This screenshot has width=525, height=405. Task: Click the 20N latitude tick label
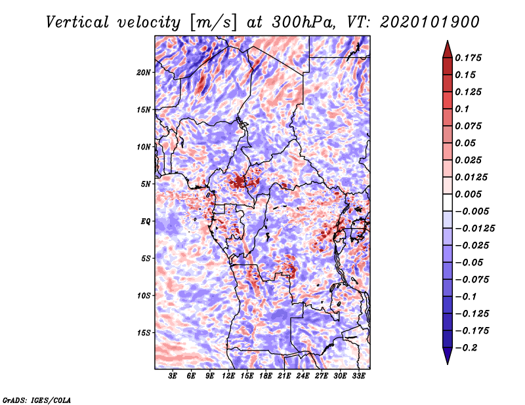click(144, 72)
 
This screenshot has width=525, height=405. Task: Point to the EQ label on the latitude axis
click(146, 221)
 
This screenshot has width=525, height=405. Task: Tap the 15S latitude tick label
click(144, 332)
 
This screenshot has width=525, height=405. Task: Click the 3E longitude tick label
click(173, 376)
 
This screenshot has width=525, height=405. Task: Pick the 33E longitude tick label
click(359, 376)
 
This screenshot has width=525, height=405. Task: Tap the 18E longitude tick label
click(266, 376)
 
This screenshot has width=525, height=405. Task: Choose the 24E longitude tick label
click(303, 376)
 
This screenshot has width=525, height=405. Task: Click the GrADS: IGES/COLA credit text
click(37, 399)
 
